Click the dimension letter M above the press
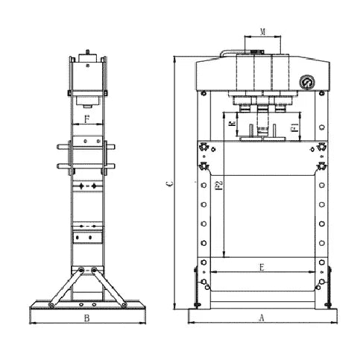262,31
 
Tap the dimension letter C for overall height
168,183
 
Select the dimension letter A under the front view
261,318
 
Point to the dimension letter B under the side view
87,318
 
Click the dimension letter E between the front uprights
261,265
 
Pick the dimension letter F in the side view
87,118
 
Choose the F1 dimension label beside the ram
294,129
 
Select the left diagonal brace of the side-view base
63,287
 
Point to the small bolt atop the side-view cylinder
87,53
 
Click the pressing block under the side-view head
87,99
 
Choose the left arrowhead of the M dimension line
245,37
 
